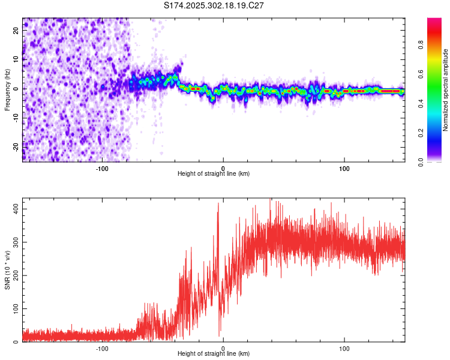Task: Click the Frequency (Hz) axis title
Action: [7, 89]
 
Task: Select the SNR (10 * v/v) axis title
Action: [7, 272]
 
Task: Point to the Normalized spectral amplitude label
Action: [446, 90]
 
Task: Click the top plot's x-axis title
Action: [214, 173]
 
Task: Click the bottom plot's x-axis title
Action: [214, 353]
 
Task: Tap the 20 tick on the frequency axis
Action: [16, 31]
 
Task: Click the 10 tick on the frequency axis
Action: [16, 59]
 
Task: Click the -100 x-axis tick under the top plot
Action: [101, 168]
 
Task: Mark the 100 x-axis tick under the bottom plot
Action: [344, 348]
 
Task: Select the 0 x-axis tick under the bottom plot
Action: [223, 348]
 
